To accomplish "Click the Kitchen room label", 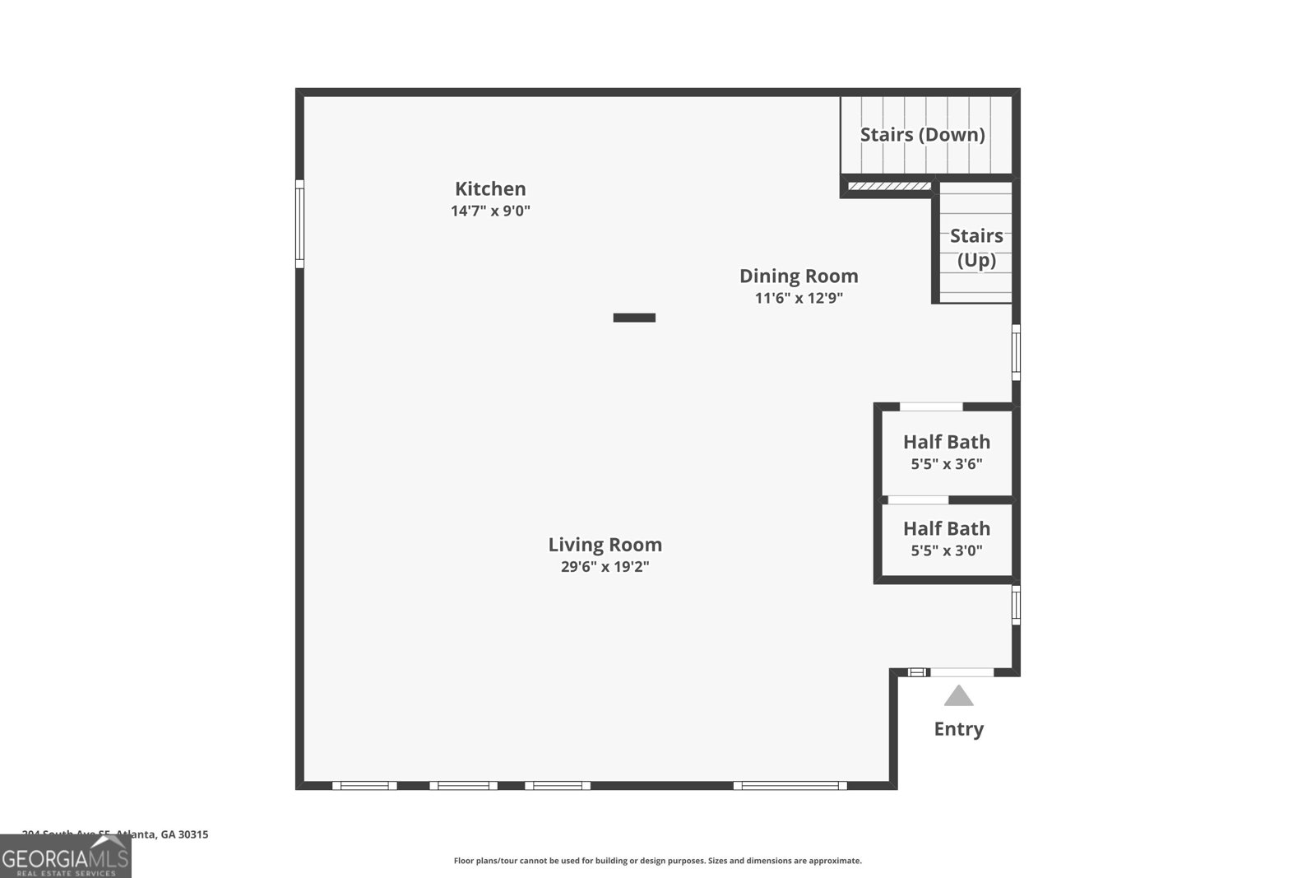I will click(x=490, y=188).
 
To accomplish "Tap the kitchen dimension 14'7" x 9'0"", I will click(x=490, y=211).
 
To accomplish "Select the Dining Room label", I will click(x=798, y=276).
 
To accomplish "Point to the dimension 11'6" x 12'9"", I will click(x=799, y=298).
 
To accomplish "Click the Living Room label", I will click(x=605, y=544).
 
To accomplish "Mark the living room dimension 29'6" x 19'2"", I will click(x=605, y=566).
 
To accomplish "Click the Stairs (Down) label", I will click(x=922, y=134).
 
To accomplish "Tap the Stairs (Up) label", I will click(x=975, y=248).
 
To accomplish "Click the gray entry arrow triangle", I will click(x=958, y=697).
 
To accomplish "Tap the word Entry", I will click(x=958, y=729).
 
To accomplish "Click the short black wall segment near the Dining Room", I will click(x=634, y=318).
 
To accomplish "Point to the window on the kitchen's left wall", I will click(x=300, y=224).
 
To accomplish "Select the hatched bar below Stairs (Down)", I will click(x=889, y=186).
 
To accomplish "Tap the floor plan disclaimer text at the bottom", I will click(x=657, y=861).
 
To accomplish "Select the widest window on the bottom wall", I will click(x=790, y=786).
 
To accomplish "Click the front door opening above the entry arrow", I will click(x=962, y=672).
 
